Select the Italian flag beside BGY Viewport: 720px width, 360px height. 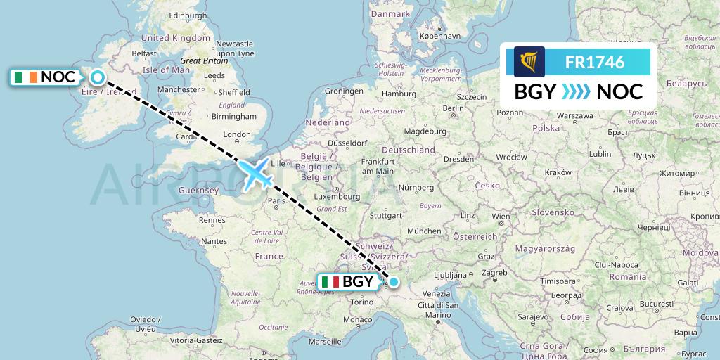(330, 282)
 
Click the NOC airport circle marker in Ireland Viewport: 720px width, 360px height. (97, 77)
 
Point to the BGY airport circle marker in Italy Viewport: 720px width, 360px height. (393, 282)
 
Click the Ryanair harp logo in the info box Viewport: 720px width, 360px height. (529, 62)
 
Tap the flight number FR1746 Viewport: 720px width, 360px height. (594, 62)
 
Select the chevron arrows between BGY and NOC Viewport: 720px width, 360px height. (577, 92)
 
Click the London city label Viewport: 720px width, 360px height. (236, 134)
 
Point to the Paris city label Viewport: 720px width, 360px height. (276, 200)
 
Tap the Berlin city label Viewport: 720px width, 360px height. (454, 108)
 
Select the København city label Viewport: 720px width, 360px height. (439, 35)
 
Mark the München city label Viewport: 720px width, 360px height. (424, 231)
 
